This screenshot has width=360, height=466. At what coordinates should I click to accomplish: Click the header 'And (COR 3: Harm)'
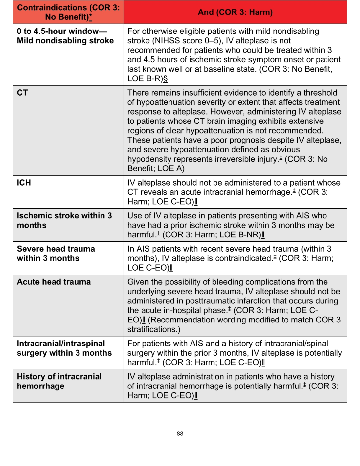click(235, 12)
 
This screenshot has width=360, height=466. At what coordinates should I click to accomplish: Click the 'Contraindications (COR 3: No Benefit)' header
click(68, 12)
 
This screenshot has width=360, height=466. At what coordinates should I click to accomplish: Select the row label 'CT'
click(22, 93)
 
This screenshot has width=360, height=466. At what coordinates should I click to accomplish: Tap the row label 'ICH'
click(24, 183)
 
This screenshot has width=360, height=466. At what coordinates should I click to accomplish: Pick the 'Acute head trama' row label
click(54, 282)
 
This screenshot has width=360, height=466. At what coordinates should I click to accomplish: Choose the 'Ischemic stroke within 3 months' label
click(64, 220)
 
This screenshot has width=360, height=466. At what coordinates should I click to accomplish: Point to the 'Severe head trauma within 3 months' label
click(56, 254)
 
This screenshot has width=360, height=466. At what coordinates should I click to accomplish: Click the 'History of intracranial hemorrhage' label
click(59, 381)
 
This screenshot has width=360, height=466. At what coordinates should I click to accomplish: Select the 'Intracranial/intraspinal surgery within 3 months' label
click(64, 348)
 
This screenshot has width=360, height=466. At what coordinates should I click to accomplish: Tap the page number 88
click(180, 434)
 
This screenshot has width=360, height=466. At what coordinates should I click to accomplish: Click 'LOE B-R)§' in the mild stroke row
click(148, 79)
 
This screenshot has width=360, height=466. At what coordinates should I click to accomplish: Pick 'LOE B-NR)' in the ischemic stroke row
click(242, 235)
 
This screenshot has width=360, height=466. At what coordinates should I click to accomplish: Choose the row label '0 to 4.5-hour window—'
click(62, 31)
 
